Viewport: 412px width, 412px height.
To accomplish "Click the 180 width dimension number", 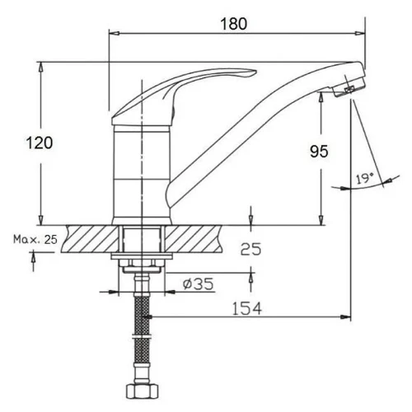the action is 234,24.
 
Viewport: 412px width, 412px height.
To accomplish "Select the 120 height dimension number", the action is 40,143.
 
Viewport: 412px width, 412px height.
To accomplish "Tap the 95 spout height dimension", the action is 319,152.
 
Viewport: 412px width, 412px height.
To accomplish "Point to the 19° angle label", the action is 364,179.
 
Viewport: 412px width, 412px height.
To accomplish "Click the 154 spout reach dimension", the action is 247,308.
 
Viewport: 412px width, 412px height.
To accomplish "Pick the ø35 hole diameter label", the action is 199,284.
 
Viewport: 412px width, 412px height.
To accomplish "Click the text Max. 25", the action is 35,240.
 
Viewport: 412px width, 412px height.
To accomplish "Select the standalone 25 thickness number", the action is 250,250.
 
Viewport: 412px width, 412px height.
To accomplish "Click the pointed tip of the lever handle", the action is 256,72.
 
